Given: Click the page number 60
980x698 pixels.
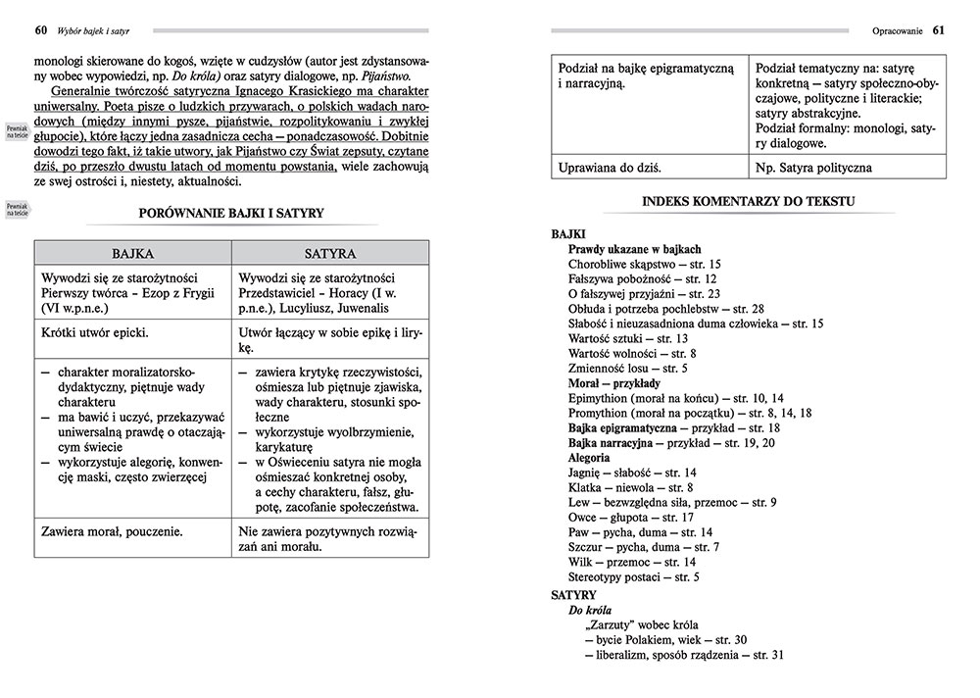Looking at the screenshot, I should pos(40,29).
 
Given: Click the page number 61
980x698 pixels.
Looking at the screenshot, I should pos(938,29).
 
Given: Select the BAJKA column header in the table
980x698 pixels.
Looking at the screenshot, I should pos(133,252).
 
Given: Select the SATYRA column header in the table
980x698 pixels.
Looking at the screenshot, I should pos(329,252).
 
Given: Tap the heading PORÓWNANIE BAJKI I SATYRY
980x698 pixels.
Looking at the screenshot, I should pos(231,212).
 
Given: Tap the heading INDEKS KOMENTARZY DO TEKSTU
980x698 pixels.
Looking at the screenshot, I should pos(748,201).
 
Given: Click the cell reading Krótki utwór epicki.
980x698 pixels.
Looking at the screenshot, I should pos(95,332).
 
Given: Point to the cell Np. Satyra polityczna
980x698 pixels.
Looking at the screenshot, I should pos(813,168).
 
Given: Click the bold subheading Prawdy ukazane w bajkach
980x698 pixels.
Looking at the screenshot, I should pos(634,249).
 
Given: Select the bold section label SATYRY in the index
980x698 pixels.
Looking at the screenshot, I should pos(573,594).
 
